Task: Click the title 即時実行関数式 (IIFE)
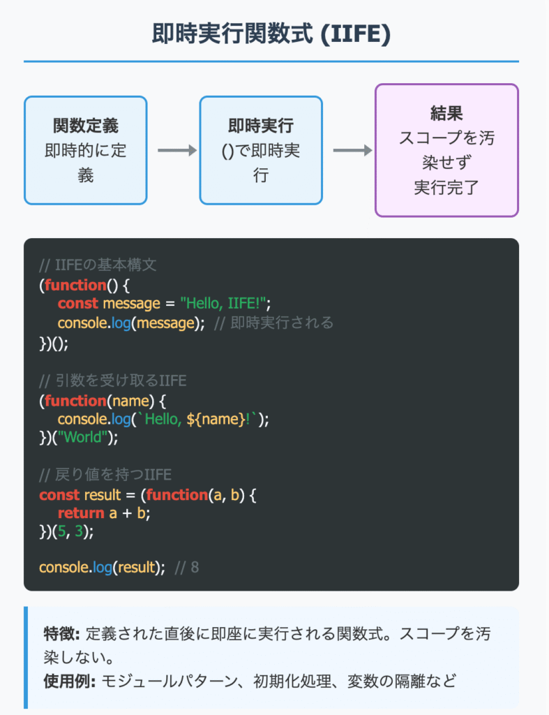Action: pyautogui.click(x=271, y=34)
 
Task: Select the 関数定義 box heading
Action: pyautogui.click(x=86, y=126)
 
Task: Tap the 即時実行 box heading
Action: pyautogui.click(x=261, y=126)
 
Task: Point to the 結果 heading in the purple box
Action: pyautogui.click(x=446, y=114)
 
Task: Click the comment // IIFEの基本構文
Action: pyautogui.click(x=100, y=266)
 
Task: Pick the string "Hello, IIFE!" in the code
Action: pyautogui.click(x=225, y=303)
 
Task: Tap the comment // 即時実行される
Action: pyautogui.click(x=273, y=323)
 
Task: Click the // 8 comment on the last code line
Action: pyautogui.click(x=186, y=567)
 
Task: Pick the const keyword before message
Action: pyautogui.click(x=77, y=303)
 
